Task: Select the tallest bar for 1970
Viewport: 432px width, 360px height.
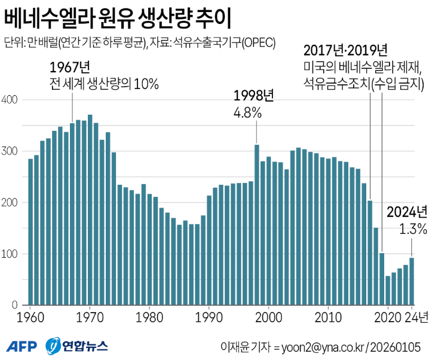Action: click(x=90, y=209)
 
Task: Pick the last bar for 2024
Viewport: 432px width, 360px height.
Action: click(x=412, y=281)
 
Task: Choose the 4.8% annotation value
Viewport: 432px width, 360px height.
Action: click(x=246, y=111)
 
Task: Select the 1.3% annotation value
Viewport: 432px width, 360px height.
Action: click(x=413, y=228)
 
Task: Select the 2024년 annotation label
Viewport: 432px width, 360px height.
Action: click(x=408, y=212)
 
